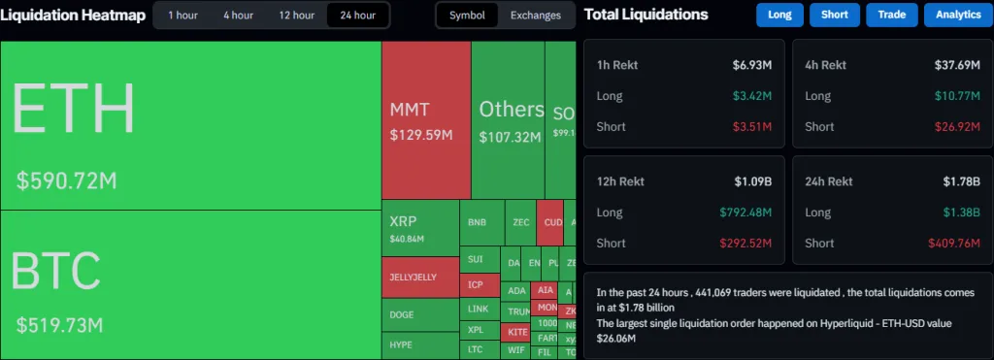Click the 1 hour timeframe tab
(x=183, y=16)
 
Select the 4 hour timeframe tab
(x=238, y=16)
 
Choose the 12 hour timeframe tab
(x=296, y=16)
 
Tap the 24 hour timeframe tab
(x=356, y=16)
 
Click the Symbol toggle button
(x=467, y=16)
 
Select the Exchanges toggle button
(x=535, y=16)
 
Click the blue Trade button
(x=892, y=16)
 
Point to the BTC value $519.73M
(x=59, y=324)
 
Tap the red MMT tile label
(x=410, y=110)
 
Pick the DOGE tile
(x=402, y=314)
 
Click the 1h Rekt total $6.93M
(x=752, y=65)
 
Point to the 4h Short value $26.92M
(x=948, y=126)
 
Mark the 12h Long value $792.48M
(x=745, y=213)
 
